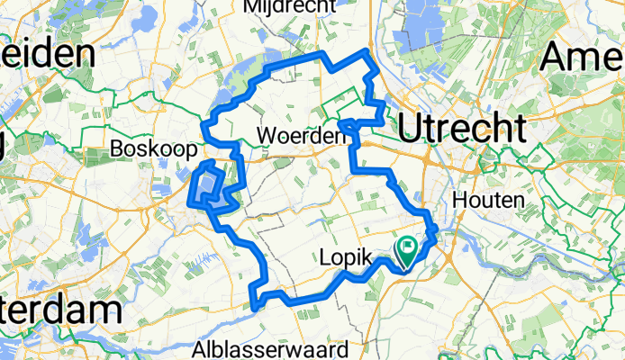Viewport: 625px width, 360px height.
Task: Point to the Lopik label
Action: point(345,259)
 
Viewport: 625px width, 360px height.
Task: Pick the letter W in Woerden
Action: point(265,136)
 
